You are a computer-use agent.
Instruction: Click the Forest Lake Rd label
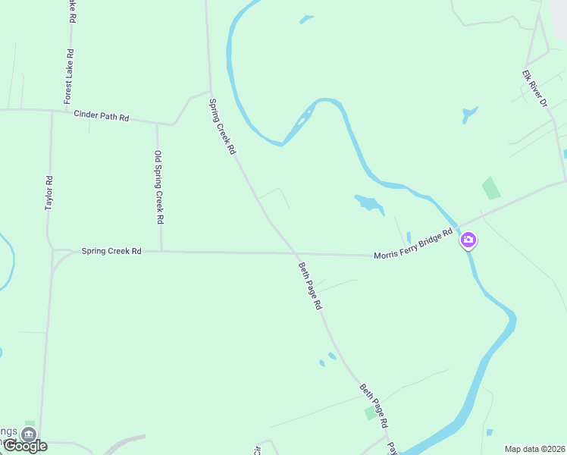[x=69, y=76]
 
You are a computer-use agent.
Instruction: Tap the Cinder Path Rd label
[x=102, y=116]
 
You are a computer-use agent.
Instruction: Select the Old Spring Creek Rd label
[x=158, y=187]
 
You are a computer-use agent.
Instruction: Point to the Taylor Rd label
[x=49, y=193]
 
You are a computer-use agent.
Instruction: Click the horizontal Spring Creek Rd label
[x=111, y=250]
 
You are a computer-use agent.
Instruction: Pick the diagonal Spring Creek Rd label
[x=223, y=127]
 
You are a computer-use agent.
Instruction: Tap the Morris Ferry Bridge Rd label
[x=413, y=245]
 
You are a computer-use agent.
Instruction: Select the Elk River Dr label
[x=534, y=88]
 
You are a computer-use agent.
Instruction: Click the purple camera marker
[x=468, y=240]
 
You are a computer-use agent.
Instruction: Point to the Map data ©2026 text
[x=534, y=449]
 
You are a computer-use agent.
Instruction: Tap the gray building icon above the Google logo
[x=29, y=435]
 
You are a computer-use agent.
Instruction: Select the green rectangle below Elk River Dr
[x=491, y=187]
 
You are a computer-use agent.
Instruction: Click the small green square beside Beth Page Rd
[x=370, y=413]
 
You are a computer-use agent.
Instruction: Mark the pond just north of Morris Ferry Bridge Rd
[x=368, y=202]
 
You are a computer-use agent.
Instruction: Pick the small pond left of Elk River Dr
[x=469, y=115]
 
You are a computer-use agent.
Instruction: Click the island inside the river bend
[x=303, y=119]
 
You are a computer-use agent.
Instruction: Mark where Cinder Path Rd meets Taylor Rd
[x=52, y=111]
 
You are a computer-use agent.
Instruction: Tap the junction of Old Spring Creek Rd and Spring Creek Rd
[x=161, y=251]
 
